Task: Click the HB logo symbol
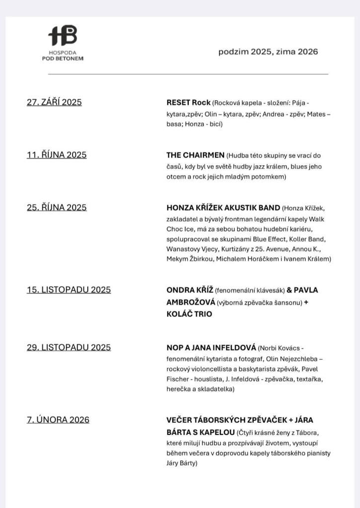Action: click(63, 36)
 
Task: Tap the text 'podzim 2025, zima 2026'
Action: click(268, 52)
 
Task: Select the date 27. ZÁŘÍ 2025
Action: click(54, 103)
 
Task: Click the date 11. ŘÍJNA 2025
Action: click(57, 155)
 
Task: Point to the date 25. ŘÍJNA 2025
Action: click(57, 207)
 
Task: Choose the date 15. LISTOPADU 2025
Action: click(69, 290)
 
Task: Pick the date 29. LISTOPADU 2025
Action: click(69, 347)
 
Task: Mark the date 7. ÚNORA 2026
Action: click(58, 420)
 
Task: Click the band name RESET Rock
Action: click(188, 103)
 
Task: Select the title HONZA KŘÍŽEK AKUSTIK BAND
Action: click(223, 207)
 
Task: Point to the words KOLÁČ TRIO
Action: click(189, 314)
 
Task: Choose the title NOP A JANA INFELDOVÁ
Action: click(211, 347)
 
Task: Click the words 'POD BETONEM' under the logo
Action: click(63, 59)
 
